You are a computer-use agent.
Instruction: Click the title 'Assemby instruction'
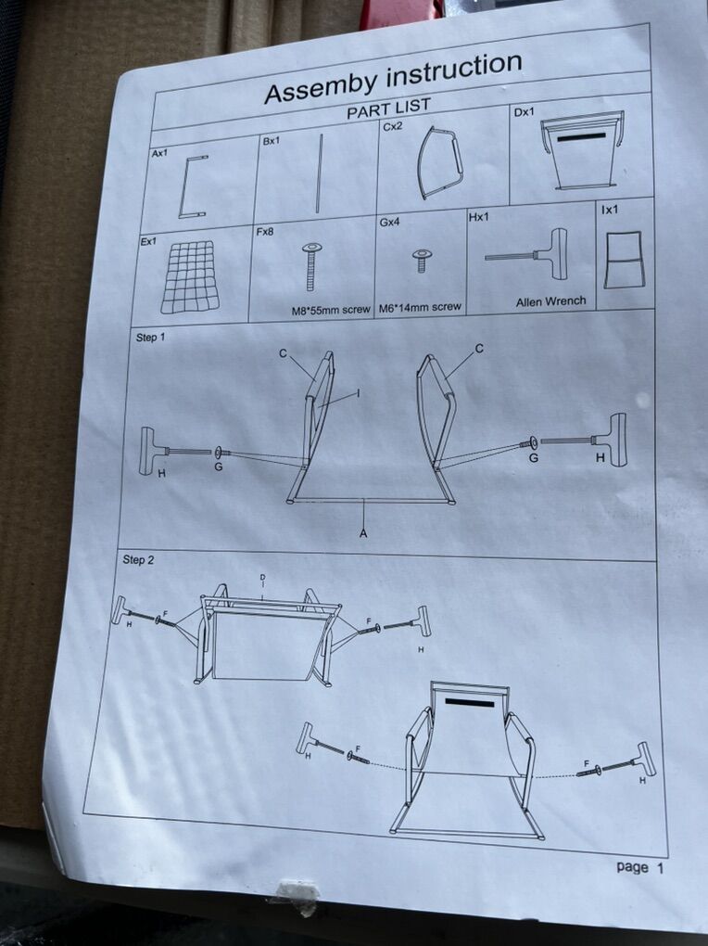(393, 77)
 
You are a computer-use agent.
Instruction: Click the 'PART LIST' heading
(388, 109)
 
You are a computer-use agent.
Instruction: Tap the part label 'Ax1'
(159, 153)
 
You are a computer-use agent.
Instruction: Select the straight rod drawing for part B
(319, 173)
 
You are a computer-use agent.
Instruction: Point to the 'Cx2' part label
(392, 127)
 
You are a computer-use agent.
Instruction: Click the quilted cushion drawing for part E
(190, 276)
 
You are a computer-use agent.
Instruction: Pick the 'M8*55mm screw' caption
(331, 310)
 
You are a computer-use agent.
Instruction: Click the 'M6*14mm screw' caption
(420, 307)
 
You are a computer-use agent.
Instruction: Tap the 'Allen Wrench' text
(550, 301)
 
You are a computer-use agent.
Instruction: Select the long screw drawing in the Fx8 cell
(311, 265)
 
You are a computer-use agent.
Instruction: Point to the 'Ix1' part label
(610, 210)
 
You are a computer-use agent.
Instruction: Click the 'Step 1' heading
(150, 338)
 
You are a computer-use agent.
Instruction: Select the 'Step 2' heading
(138, 559)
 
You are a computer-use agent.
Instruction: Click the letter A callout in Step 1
(363, 532)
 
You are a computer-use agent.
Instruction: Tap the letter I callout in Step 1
(359, 393)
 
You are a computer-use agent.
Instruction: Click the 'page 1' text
(639, 867)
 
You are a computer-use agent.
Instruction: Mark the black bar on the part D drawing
(581, 137)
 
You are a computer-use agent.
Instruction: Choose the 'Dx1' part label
(524, 112)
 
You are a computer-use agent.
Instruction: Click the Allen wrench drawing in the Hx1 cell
(527, 254)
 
